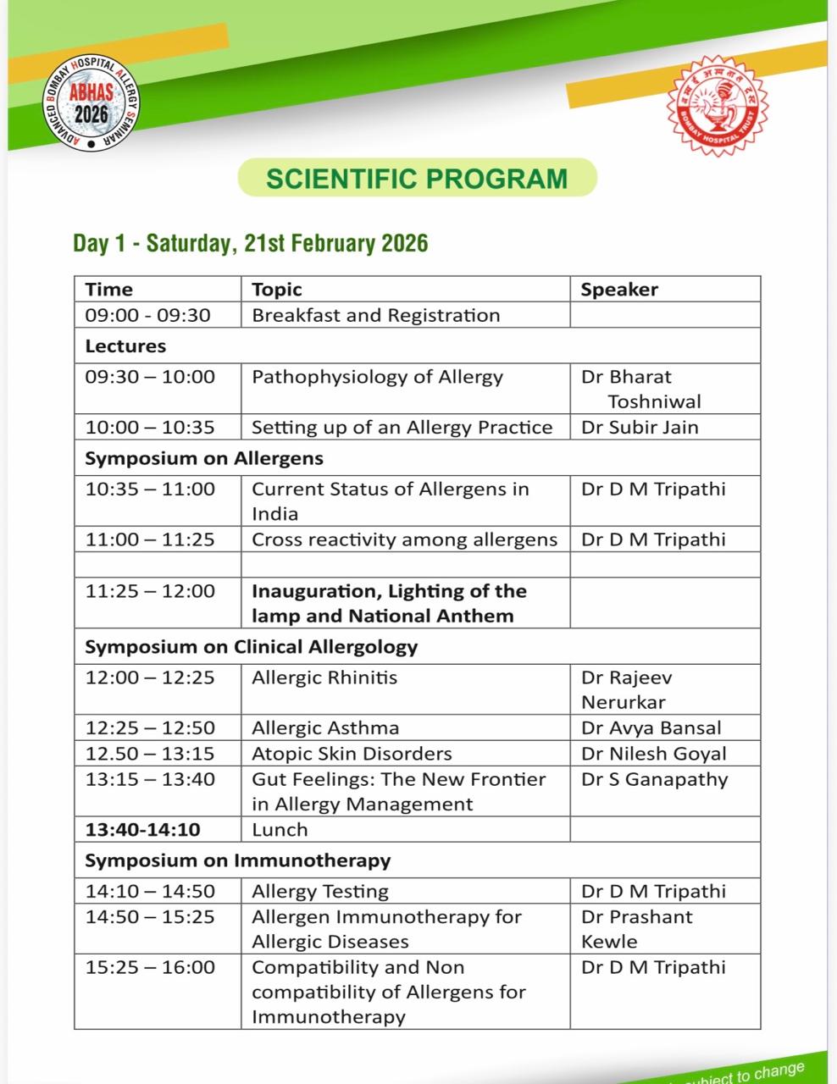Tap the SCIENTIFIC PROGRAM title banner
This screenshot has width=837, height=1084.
click(417, 179)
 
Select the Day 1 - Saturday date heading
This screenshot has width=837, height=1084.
click(251, 244)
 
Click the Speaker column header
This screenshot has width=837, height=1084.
click(619, 290)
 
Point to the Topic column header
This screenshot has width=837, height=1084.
click(277, 290)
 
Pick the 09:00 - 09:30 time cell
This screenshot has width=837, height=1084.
click(147, 315)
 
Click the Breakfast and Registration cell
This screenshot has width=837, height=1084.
click(376, 315)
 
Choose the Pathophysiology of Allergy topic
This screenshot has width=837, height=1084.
click(378, 377)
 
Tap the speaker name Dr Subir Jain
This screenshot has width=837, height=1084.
click(640, 427)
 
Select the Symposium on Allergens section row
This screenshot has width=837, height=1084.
click(204, 458)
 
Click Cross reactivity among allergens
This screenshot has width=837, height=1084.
click(405, 539)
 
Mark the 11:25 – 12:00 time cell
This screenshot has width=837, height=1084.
click(150, 591)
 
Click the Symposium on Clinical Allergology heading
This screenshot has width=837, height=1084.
click(252, 647)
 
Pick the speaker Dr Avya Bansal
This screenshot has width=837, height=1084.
click(651, 727)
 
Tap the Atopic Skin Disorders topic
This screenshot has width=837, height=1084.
click(352, 753)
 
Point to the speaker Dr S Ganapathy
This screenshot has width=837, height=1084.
click(655, 779)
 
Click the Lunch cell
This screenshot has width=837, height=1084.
click(280, 829)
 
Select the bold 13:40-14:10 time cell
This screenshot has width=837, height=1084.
click(143, 829)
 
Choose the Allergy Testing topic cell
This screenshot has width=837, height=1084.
click(320, 891)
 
